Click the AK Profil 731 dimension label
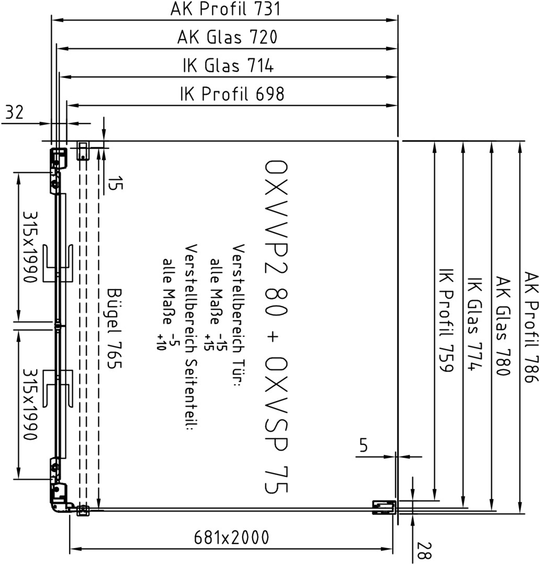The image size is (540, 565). click(x=226, y=9)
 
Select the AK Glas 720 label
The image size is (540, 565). click(x=228, y=37)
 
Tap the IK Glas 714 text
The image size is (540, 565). click(x=228, y=65)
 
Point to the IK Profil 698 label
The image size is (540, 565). click(x=232, y=94)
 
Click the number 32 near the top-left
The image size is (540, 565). click(x=15, y=112)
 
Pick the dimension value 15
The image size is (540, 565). click(x=115, y=183)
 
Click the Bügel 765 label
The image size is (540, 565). click(x=115, y=329)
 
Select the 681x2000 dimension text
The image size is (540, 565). click(x=231, y=538)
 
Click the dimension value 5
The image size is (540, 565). click(x=363, y=446)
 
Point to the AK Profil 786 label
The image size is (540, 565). click(x=531, y=327)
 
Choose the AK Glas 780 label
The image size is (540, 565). click(x=502, y=326)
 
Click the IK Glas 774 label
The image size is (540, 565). click(x=475, y=324)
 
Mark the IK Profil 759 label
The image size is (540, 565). click(x=446, y=320)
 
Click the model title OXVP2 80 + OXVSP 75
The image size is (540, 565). click(x=276, y=326)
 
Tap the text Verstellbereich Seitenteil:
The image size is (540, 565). click(x=190, y=337)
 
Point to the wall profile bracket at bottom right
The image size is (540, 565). click(x=384, y=507)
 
